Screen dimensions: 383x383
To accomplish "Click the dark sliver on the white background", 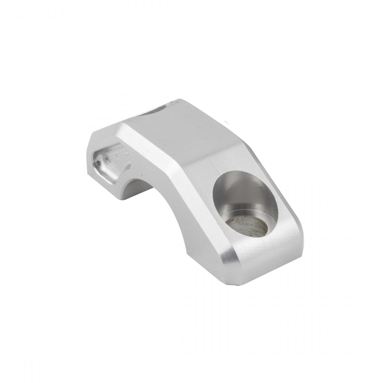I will [228, 122].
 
